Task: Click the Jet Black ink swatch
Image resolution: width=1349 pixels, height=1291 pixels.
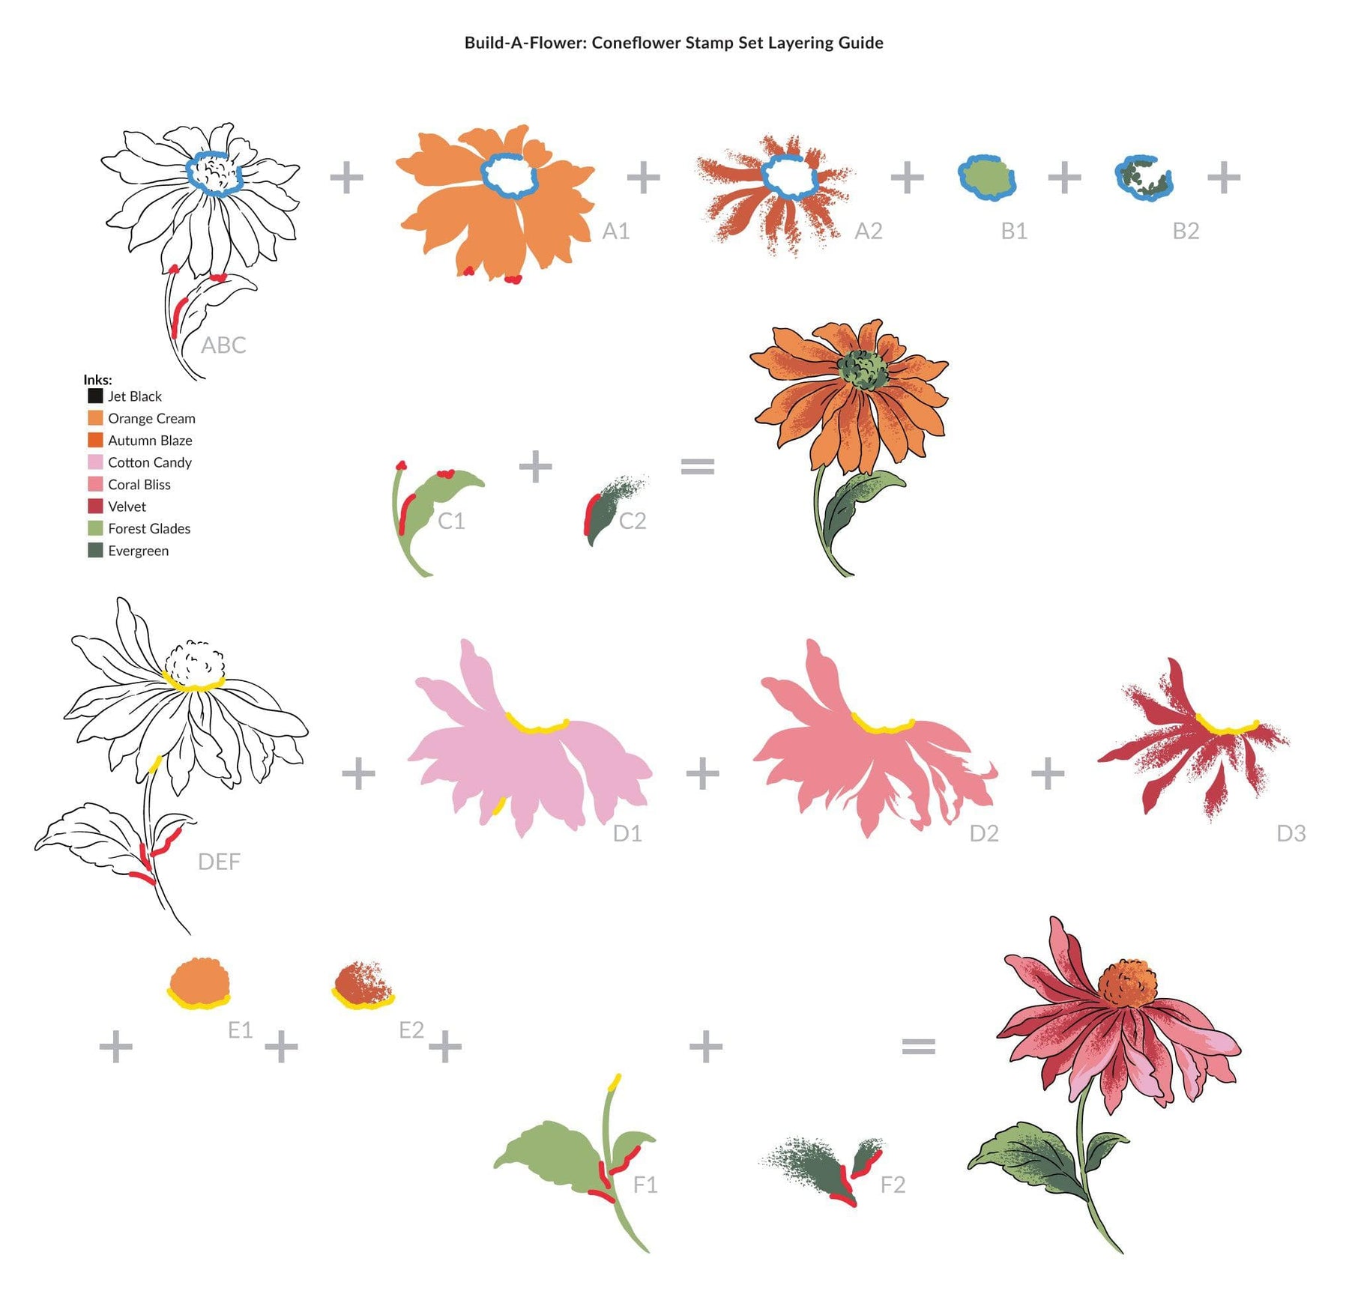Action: pyautogui.click(x=95, y=396)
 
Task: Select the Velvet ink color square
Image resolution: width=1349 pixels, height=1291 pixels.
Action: pyautogui.click(x=95, y=506)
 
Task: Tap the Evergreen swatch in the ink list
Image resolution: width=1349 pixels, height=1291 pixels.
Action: pyautogui.click(x=95, y=550)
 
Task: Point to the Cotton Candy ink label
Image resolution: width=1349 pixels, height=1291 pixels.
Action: pyautogui.click(x=150, y=462)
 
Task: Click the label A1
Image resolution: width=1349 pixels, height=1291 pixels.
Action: pyautogui.click(x=616, y=231)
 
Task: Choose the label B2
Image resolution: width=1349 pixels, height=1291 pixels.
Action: pyautogui.click(x=1186, y=231)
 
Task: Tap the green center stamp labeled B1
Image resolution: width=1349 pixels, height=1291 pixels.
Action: pyautogui.click(x=987, y=178)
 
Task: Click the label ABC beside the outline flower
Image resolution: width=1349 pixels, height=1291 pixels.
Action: pyautogui.click(x=223, y=345)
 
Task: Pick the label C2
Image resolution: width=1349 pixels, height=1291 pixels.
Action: pyautogui.click(x=633, y=521)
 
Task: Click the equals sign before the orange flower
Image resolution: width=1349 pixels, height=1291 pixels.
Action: pyautogui.click(x=697, y=467)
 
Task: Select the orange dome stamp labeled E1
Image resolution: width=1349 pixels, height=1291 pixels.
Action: pyautogui.click(x=199, y=982)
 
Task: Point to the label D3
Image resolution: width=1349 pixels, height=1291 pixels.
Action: pyautogui.click(x=1291, y=833)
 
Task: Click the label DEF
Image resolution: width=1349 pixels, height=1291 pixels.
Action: pyautogui.click(x=219, y=862)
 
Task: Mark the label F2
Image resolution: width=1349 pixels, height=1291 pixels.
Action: pyautogui.click(x=893, y=1185)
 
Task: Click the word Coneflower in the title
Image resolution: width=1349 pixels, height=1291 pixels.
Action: pyautogui.click(x=636, y=43)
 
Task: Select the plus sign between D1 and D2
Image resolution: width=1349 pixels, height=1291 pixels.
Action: pyautogui.click(x=702, y=773)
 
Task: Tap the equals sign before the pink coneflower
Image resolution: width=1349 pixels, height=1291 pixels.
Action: pyautogui.click(x=918, y=1046)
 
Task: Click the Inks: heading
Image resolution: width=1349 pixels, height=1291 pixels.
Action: pyautogui.click(x=98, y=379)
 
